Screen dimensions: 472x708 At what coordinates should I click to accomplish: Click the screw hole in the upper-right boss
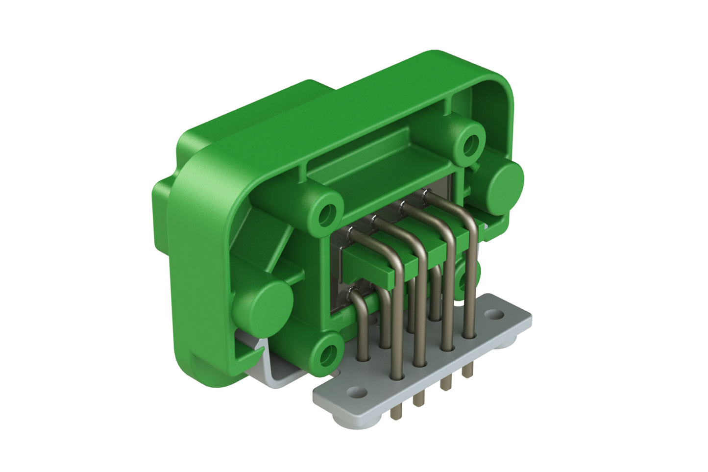(x=471, y=143)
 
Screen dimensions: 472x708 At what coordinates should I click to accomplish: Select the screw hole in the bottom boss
(x=327, y=352)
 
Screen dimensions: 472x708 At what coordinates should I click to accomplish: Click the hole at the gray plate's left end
(x=357, y=392)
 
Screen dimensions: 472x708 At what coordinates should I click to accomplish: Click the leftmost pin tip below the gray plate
(x=393, y=415)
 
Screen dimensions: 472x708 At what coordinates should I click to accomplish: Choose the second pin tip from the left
(x=417, y=401)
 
